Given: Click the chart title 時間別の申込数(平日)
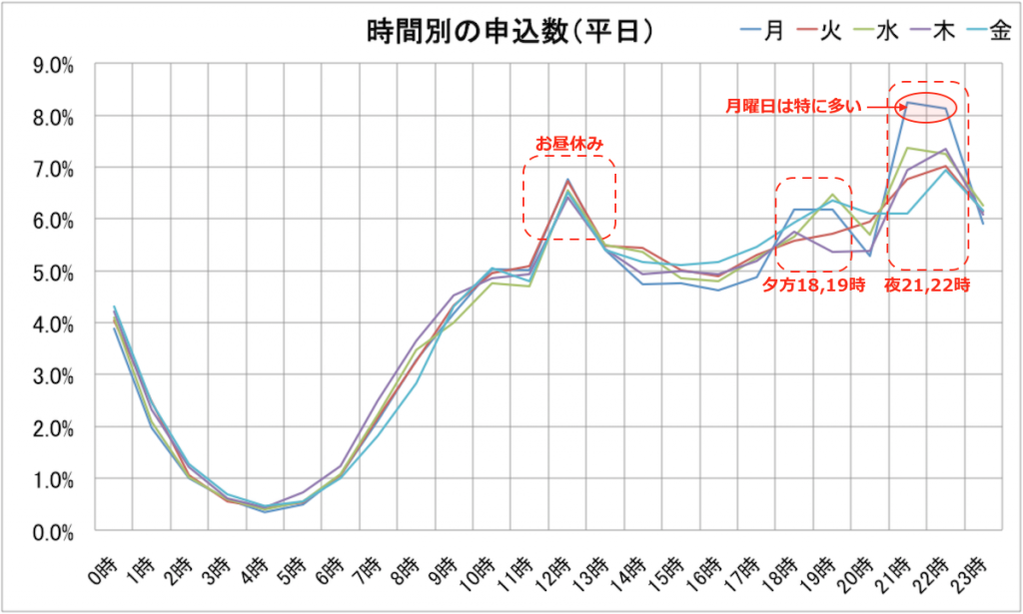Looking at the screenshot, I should pyautogui.click(x=510, y=31).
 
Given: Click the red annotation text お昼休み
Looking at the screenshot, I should pyautogui.click(x=569, y=144).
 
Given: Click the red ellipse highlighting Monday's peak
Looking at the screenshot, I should pyautogui.click(x=926, y=105).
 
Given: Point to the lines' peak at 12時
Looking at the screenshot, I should pyautogui.click(x=567, y=182).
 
